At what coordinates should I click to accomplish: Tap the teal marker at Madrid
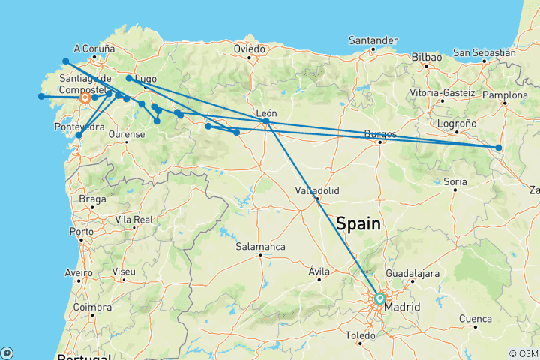tap(379, 298)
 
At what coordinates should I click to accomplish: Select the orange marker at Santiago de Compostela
tap(85, 97)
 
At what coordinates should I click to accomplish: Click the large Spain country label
tap(358, 223)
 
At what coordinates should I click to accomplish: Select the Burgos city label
tap(379, 133)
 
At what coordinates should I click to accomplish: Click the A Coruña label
tap(94, 48)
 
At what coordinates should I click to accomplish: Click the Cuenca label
tap(475, 319)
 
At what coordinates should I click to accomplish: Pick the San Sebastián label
tap(483, 52)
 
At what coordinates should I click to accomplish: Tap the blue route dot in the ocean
tap(41, 96)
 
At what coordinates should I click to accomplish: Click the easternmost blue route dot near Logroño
tap(499, 148)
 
